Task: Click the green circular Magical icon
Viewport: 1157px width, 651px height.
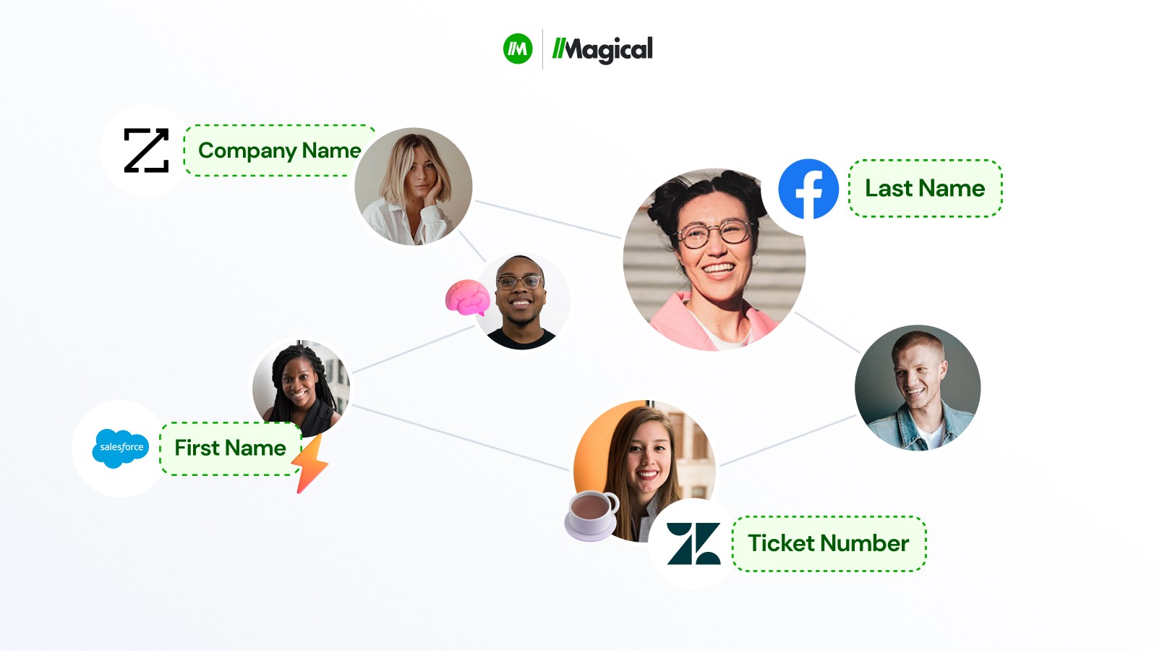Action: [x=518, y=49]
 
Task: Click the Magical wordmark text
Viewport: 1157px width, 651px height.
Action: [x=602, y=49]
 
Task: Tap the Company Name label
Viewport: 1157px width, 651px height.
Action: [x=279, y=150]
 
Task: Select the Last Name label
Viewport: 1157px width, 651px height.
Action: [x=925, y=188]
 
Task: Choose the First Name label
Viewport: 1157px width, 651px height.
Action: [x=230, y=448]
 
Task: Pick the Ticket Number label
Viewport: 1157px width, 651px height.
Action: [x=828, y=543]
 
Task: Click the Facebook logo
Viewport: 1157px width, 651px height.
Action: [x=808, y=189]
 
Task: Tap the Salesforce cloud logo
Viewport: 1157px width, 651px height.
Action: [x=121, y=448]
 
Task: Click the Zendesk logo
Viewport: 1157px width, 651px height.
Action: [x=693, y=543]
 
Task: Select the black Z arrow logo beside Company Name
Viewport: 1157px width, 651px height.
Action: [x=146, y=150]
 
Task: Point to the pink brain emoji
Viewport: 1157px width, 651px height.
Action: [x=467, y=297]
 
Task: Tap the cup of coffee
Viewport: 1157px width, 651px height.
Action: [x=592, y=514]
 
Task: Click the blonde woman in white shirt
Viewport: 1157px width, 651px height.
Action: [x=413, y=187]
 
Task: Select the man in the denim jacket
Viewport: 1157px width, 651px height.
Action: [x=917, y=388]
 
